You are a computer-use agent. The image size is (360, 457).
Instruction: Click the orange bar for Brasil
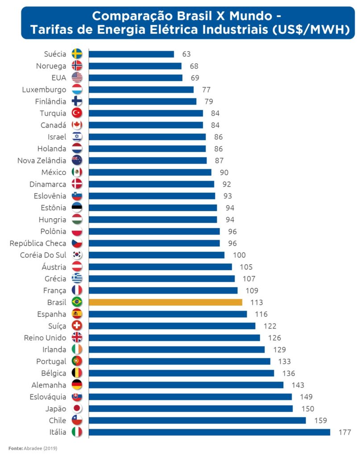coord(165,302)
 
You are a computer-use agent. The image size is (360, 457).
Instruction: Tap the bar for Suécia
coord(131,54)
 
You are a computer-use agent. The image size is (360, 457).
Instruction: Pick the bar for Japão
coord(190,408)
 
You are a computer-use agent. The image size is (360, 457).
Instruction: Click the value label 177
coord(344,432)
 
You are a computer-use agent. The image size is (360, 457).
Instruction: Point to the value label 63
coord(186,54)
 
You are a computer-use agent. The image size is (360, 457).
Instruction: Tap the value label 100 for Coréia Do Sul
coord(239,255)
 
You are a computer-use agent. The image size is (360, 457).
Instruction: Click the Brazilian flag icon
coord(77,302)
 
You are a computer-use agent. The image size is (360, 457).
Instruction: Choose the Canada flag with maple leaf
coord(77,125)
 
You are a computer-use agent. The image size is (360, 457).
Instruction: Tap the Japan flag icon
coord(77,408)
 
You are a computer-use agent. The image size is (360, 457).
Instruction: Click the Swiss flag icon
coord(77,326)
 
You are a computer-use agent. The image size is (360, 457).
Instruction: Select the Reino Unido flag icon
coord(77,337)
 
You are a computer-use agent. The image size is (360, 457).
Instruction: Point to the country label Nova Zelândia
coord(41,160)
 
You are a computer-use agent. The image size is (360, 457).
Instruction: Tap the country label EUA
coord(58,78)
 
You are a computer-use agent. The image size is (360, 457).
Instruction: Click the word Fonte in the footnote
coord(16,448)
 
